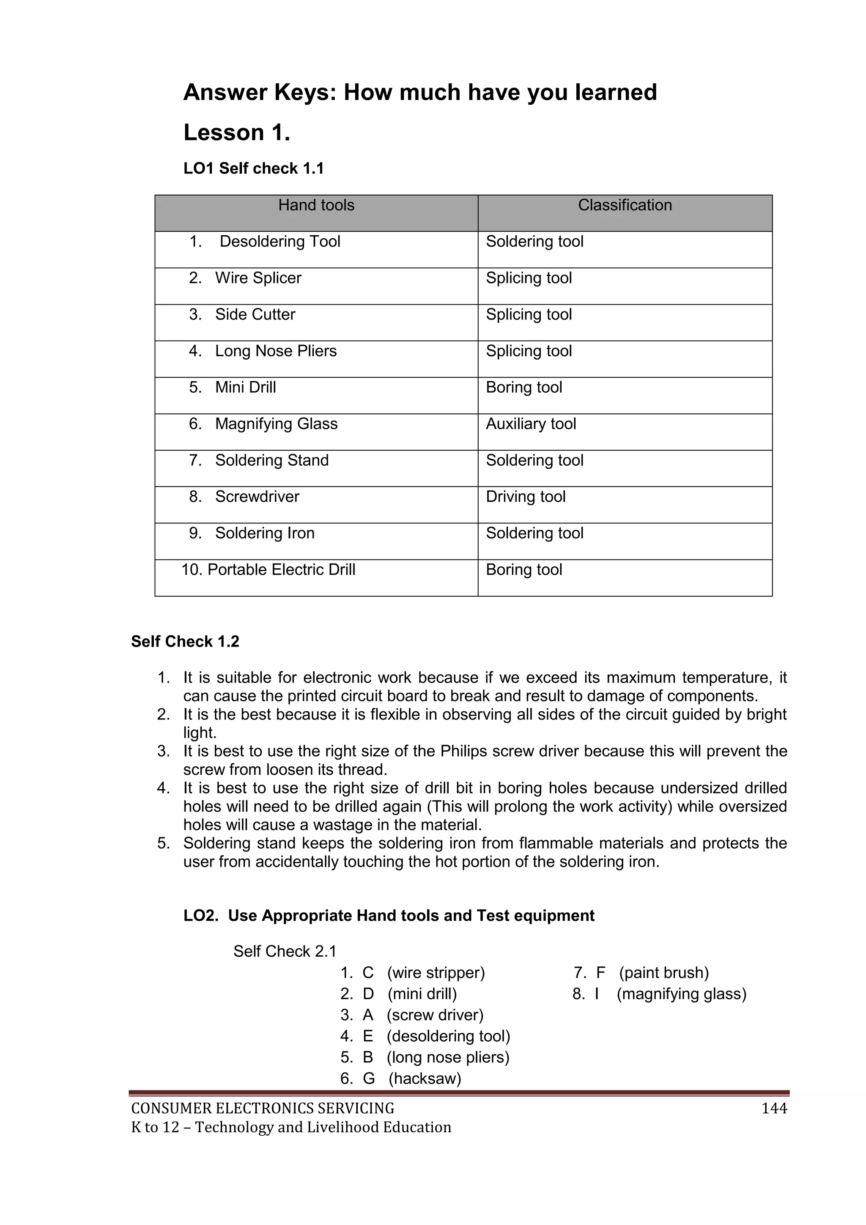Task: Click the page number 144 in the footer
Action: (774, 1109)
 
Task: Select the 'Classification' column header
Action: (625, 205)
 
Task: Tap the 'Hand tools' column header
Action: (316, 205)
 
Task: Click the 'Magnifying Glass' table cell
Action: (276, 424)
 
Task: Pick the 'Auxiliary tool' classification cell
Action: (531, 424)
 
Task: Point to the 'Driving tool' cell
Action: (525, 497)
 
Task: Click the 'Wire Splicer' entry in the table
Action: (258, 278)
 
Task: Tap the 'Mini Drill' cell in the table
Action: (245, 387)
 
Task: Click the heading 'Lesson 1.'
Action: (237, 132)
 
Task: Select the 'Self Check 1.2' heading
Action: (185, 641)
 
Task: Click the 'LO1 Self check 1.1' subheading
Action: (253, 168)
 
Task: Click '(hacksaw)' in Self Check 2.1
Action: (425, 1078)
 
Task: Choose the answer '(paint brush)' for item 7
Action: (664, 973)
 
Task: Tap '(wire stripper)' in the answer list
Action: (436, 973)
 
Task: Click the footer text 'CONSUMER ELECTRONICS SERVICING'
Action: (262, 1109)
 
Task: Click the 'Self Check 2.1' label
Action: (285, 951)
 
